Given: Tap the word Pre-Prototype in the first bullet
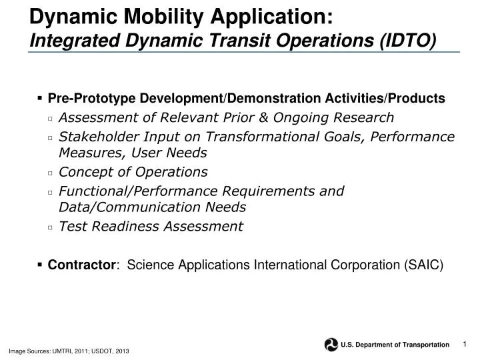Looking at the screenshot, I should coord(88,99).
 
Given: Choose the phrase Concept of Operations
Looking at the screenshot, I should coord(133,172).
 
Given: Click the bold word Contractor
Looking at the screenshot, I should coord(80,265).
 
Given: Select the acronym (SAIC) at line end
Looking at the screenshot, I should coord(423,265).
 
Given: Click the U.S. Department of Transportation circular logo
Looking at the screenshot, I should coord(331,344).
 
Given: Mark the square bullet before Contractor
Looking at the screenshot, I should coord(41,265).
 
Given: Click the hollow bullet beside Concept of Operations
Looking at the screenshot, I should coord(51,173).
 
